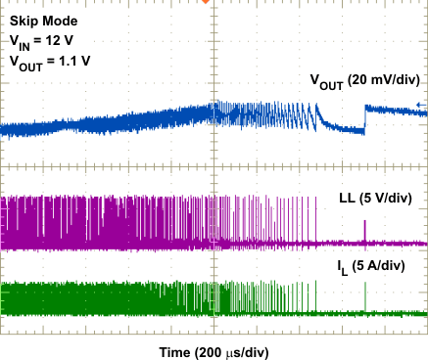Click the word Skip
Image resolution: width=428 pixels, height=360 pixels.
click(24, 21)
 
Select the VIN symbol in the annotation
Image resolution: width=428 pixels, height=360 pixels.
click(20, 42)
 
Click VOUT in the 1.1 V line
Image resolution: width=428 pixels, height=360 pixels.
click(25, 62)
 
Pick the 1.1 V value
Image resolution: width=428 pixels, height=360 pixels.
click(76, 61)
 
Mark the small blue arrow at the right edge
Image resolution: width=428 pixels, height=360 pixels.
click(420, 106)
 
